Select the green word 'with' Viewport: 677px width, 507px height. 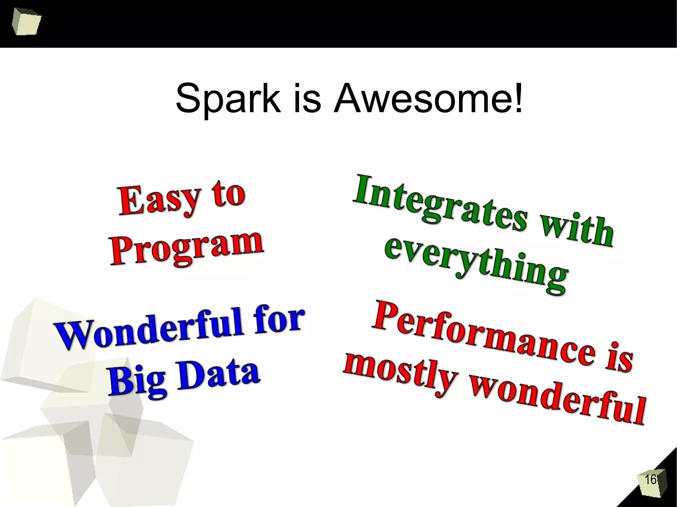click(x=577, y=230)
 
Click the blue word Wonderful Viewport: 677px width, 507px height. click(x=149, y=330)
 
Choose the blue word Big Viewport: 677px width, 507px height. click(x=137, y=380)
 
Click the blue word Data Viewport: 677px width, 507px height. click(x=218, y=375)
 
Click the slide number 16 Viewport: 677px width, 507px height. click(x=650, y=480)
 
